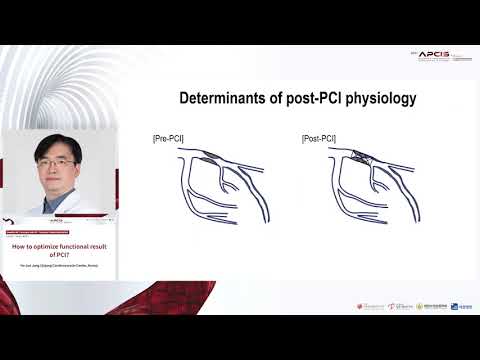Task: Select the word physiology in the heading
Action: click(381, 98)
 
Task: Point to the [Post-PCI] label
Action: click(316, 138)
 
